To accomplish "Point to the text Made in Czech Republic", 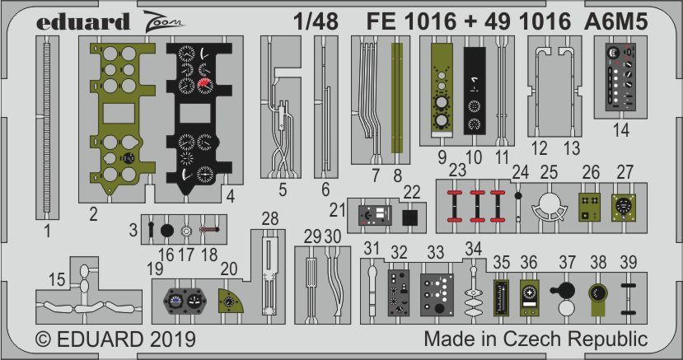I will pos(536,339).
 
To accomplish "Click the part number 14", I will pos(621,129).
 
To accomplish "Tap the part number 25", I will pos(550,171).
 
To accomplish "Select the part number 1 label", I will pos(47,231).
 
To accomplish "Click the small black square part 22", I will pos(411,217).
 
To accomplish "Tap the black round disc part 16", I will pos(165,231).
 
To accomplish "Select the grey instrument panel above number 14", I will pos(620,78).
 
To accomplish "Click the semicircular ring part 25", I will pos(550,207).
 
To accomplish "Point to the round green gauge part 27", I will pos(625,208).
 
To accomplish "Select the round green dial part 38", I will pos(597,295).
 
